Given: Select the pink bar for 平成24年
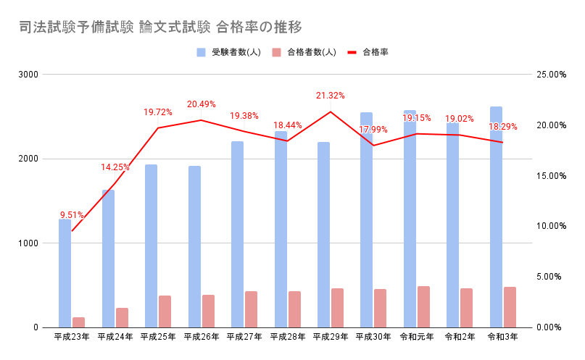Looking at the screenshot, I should [x=122, y=317].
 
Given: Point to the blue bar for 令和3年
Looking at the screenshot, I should [x=496, y=217].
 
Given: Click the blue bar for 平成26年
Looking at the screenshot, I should [x=194, y=246].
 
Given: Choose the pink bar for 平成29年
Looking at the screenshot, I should [x=337, y=308].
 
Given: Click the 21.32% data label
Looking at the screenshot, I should [x=331, y=96].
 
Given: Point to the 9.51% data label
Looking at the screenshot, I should [x=72, y=215].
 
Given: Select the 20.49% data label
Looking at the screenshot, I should [x=202, y=104].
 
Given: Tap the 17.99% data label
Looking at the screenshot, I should [x=373, y=130].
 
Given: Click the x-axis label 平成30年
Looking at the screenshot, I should [x=374, y=337].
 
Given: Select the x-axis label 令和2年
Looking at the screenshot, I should [x=460, y=337].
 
